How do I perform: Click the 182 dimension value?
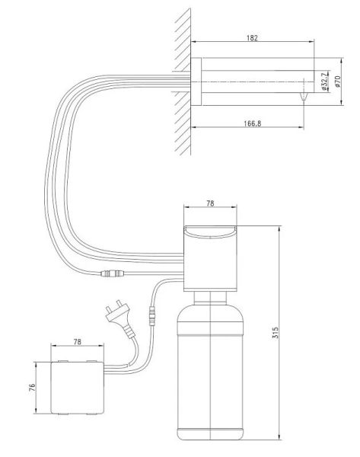(x=252, y=38)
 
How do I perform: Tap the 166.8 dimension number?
(x=253, y=123)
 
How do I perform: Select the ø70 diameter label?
(x=338, y=81)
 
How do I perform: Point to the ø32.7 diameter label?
(x=324, y=81)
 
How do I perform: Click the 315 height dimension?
(x=276, y=333)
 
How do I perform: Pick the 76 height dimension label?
(x=32, y=387)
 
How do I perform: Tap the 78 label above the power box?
(x=77, y=341)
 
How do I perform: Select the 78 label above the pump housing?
(x=210, y=203)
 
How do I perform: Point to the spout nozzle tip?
(x=303, y=97)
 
